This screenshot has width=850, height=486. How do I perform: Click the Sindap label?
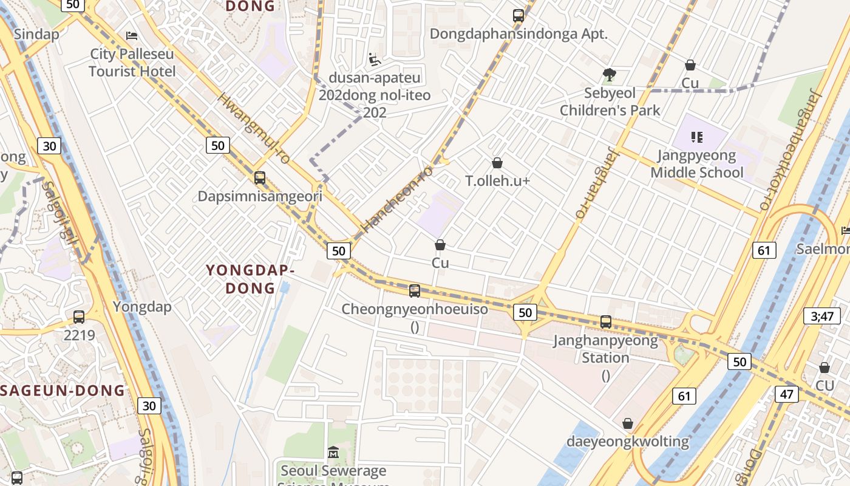36,34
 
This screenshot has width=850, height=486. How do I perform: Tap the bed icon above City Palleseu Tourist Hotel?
132,36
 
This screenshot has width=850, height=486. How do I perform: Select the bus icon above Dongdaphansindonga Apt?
518,16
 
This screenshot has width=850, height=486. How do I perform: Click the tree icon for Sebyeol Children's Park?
609,75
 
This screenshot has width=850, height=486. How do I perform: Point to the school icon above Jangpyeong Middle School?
696,137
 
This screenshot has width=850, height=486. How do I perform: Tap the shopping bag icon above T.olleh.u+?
497,163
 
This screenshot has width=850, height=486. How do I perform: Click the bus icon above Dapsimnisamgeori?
260,178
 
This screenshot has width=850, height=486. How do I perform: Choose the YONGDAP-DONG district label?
250,279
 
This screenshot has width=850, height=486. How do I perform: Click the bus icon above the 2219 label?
79,317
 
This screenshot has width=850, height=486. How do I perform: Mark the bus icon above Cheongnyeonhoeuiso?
415,291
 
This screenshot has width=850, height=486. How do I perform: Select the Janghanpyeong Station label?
605,349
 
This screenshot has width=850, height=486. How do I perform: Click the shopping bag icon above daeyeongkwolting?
628,423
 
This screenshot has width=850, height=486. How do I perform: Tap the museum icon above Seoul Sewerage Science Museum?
333,453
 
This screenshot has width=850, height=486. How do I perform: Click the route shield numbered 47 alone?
787,394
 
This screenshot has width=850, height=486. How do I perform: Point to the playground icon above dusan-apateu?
375,60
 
